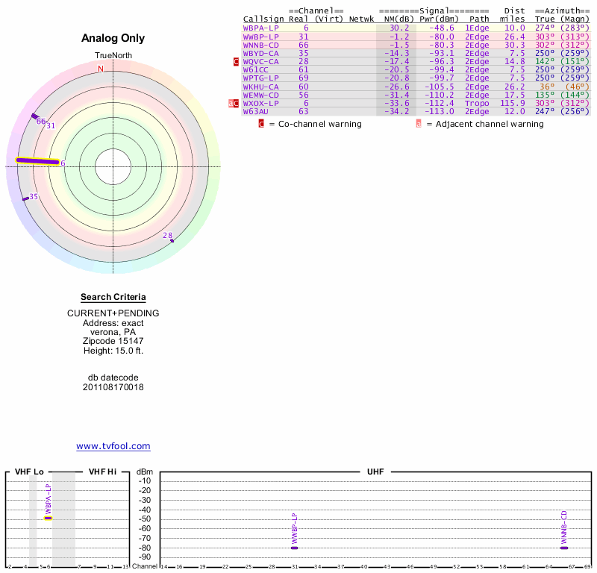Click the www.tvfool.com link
point(113,446)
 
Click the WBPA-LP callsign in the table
point(261,28)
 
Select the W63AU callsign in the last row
point(258,111)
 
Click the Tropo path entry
point(478,103)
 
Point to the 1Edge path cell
point(478,28)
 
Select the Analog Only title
point(113,38)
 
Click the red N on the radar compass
point(101,69)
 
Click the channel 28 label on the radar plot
point(167,236)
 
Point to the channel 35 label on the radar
point(34,196)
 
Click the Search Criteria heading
point(113,297)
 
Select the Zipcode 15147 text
point(113,340)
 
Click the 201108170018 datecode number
point(113,387)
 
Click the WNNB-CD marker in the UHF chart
point(565,548)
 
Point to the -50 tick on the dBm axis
point(146,519)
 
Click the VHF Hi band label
point(101,472)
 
